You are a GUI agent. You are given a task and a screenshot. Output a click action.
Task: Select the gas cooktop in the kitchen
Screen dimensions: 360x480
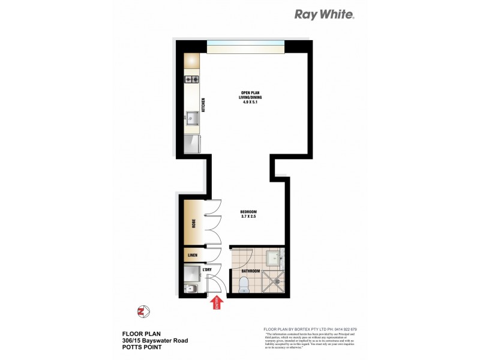pos(192,79)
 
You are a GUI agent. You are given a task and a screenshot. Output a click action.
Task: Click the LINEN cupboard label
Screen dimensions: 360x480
pos(193,256)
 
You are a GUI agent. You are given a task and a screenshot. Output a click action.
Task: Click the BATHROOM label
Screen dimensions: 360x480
pos(251,271)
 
